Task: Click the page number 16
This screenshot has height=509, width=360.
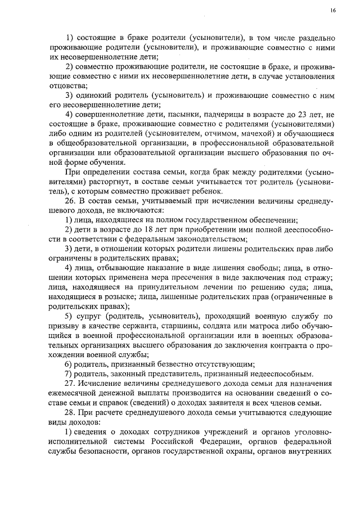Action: pos(334,10)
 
